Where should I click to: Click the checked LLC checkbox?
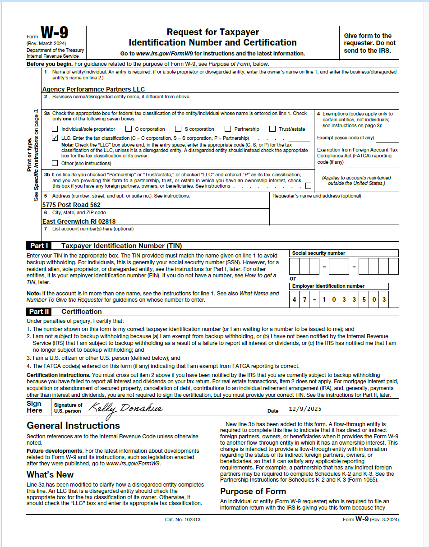(x=55, y=138)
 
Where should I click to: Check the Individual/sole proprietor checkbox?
(x=55, y=129)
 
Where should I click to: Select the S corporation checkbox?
(x=178, y=129)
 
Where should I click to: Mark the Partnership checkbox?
(x=228, y=129)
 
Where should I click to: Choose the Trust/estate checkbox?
(x=272, y=129)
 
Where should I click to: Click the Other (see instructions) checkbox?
(x=55, y=163)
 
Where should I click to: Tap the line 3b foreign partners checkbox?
(x=308, y=186)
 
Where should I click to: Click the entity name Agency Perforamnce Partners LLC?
(x=93, y=89)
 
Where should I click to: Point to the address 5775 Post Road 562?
(x=71, y=205)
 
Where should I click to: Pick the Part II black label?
(x=39, y=312)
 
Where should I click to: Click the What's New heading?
(x=50, y=474)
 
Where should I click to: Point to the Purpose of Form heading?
(x=253, y=491)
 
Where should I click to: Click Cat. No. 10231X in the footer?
(x=183, y=519)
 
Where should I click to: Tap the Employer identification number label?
(x=328, y=286)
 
